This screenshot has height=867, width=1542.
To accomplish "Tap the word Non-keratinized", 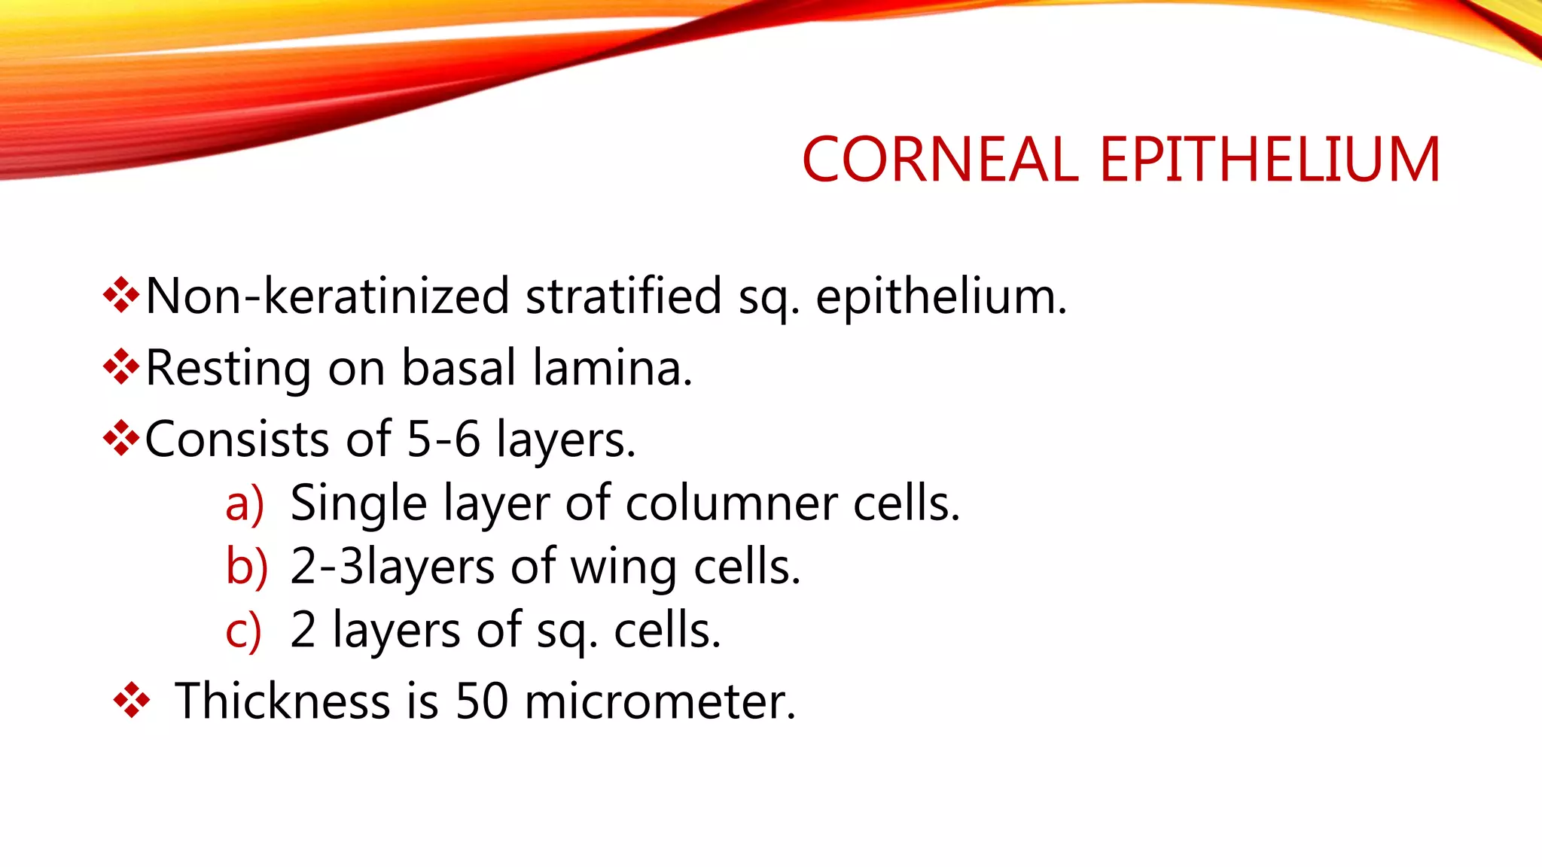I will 327,296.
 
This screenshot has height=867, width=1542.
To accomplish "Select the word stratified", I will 623,296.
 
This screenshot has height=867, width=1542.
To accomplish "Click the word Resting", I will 227,369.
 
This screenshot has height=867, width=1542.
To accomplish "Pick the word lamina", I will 612,367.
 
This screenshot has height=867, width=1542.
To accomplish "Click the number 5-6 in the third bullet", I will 443,439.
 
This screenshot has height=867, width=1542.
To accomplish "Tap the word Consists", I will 236,439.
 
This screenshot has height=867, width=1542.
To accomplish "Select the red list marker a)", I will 245,503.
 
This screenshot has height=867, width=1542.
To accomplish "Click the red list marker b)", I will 246,566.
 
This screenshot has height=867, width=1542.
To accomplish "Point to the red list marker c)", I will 243,631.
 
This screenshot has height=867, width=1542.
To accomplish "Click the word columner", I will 731,503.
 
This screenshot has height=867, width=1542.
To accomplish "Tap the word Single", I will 358,504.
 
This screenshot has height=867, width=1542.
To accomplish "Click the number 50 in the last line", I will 482,701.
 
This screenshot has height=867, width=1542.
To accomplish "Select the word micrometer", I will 659,701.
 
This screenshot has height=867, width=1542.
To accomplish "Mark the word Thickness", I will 282,701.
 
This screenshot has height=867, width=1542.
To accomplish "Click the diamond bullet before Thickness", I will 132,700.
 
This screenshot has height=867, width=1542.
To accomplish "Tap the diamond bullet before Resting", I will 121,367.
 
